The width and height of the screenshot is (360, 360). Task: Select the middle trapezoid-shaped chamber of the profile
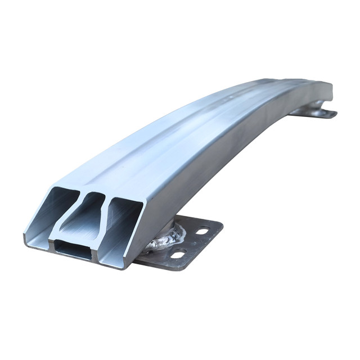pyautogui.click(x=85, y=216)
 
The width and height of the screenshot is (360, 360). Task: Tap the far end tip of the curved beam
pyautogui.click(x=330, y=90)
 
